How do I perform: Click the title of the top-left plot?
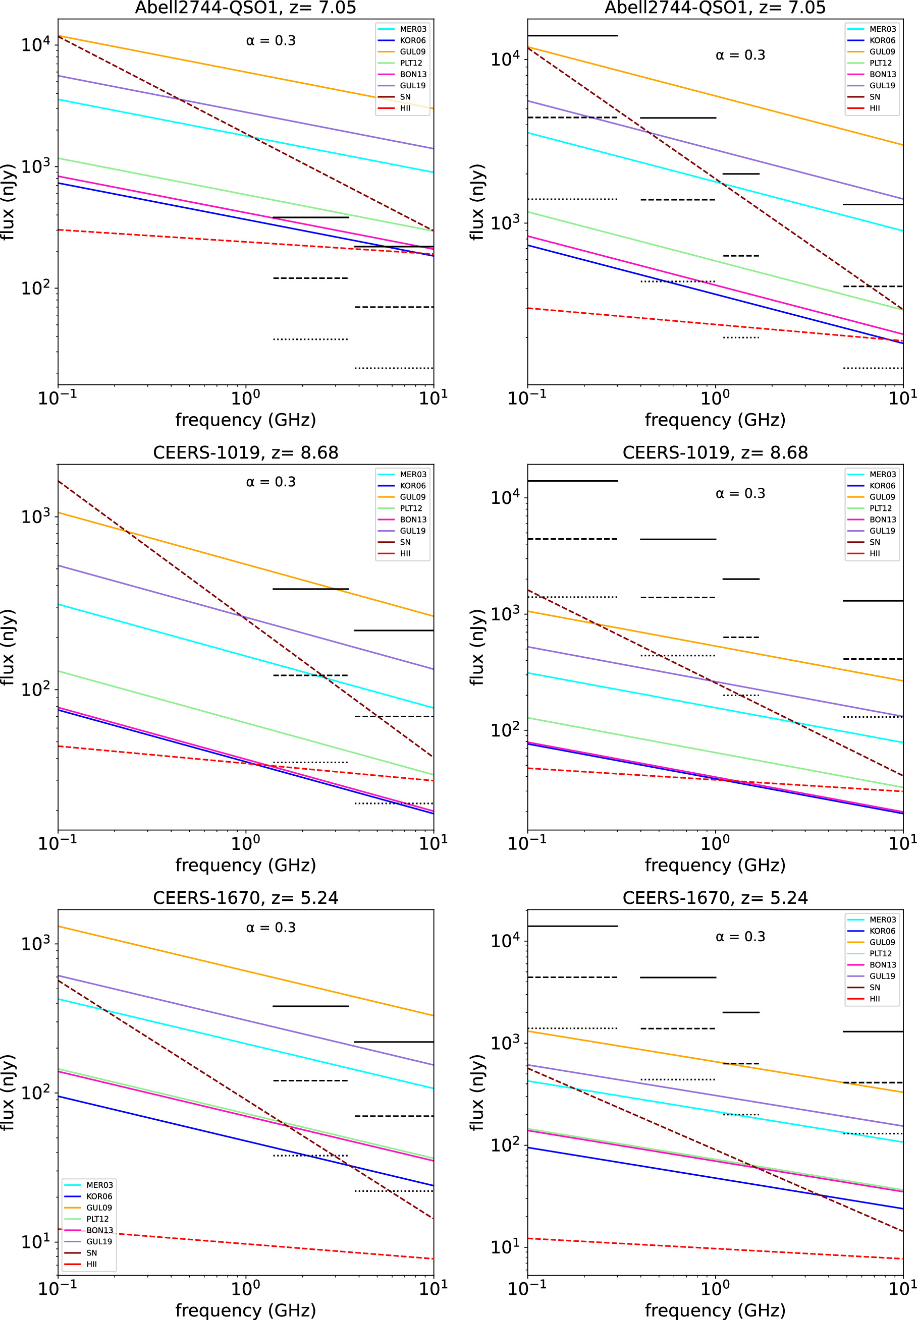[x=245, y=8]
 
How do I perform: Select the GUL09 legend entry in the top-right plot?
[x=871, y=51]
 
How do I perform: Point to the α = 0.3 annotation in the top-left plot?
[x=271, y=41]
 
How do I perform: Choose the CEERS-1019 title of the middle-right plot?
[x=715, y=452]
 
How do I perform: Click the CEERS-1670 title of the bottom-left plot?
[x=245, y=897]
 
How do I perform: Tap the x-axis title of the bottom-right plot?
[x=715, y=1310]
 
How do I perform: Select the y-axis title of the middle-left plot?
[x=8, y=647]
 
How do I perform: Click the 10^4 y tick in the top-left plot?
[x=36, y=44]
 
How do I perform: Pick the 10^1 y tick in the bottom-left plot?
[x=36, y=1241]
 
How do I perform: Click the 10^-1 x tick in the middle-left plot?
[x=58, y=842]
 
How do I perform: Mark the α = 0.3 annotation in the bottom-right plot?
[x=740, y=937]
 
